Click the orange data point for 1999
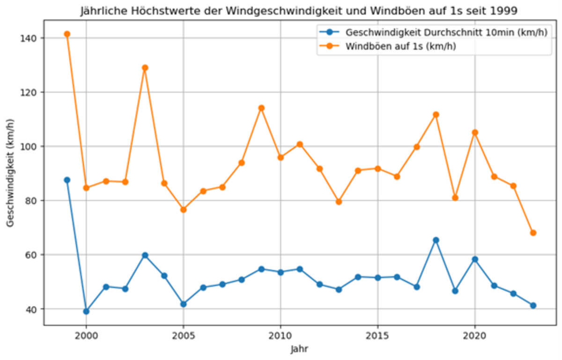click(67, 34)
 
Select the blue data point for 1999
click(67, 180)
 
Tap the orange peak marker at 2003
click(145, 67)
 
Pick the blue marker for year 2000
click(86, 311)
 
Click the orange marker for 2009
click(261, 108)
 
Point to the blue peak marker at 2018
click(436, 240)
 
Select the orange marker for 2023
click(533, 232)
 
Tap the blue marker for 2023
click(533, 305)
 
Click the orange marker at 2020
click(475, 132)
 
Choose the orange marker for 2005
click(184, 210)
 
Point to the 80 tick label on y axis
click(33, 201)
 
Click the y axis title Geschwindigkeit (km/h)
click(10, 174)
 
